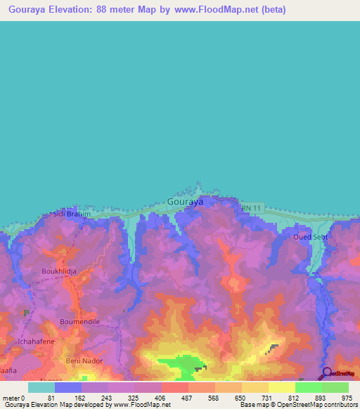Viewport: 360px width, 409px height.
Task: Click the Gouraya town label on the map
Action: (186, 202)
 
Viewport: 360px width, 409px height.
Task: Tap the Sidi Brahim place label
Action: (73, 214)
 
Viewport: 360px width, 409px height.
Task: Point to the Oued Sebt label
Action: (310, 237)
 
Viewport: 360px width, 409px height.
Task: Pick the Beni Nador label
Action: (84, 361)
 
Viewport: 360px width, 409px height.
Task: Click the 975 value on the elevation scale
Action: (347, 397)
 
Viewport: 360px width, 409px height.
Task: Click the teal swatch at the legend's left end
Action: (41, 387)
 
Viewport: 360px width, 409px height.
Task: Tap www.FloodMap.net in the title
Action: (216, 10)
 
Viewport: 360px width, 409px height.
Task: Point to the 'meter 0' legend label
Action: (13, 397)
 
